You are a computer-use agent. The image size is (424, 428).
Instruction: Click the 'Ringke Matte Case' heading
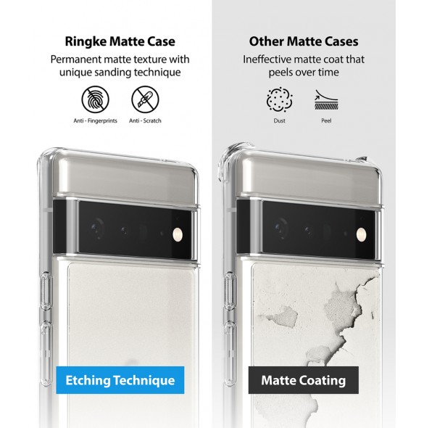[x=120, y=41]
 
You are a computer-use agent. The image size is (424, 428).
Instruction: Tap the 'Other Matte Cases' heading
[x=304, y=41]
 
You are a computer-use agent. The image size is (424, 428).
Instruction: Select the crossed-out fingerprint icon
[x=96, y=99]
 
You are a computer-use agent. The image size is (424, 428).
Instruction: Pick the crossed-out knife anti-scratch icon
[x=145, y=99]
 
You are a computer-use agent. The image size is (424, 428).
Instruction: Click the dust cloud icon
[x=280, y=99]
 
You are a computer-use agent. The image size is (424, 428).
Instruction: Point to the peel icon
[x=326, y=99]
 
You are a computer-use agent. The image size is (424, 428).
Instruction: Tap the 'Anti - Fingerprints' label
[x=95, y=120]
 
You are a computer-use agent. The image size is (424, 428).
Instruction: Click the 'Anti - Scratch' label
[x=145, y=120]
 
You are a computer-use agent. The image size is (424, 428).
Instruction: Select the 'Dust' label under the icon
[x=280, y=120]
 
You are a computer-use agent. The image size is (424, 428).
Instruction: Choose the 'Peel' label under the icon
[x=326, y=120]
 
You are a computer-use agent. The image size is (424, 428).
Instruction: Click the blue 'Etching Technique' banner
[x=120, y=380]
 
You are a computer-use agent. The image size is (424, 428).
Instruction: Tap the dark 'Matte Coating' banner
[x=304, y=380]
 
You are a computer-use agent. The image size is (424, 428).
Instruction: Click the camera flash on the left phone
[x=178, y=234]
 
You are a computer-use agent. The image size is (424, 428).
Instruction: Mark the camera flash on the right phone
[x=361, y=234]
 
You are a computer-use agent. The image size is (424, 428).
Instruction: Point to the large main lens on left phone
[x=96, y=227]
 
